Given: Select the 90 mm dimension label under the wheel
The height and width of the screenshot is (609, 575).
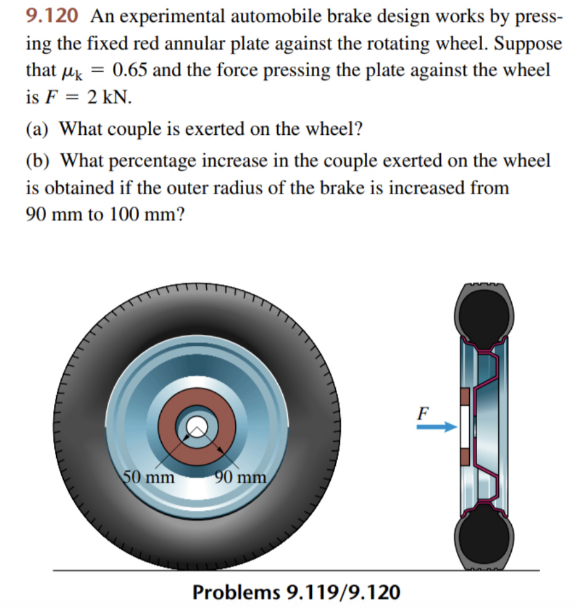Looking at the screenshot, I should pos(240,478).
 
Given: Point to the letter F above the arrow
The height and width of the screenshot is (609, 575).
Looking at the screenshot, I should pos(423,412).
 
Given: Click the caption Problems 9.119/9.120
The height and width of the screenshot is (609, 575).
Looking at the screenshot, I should pos(296,591).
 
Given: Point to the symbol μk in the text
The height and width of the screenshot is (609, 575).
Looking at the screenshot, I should pos(76,71).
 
